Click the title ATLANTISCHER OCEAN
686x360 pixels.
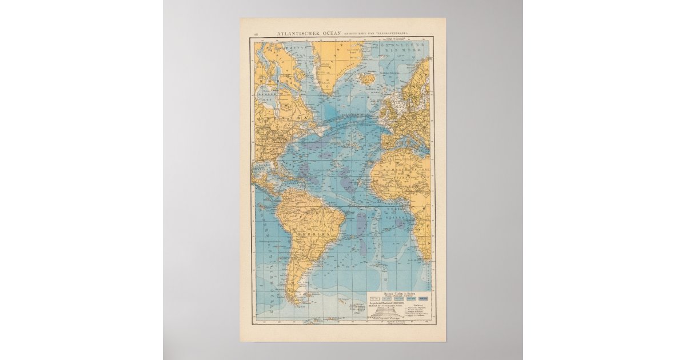(309, 33)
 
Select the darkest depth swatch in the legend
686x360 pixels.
(424, 298)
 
